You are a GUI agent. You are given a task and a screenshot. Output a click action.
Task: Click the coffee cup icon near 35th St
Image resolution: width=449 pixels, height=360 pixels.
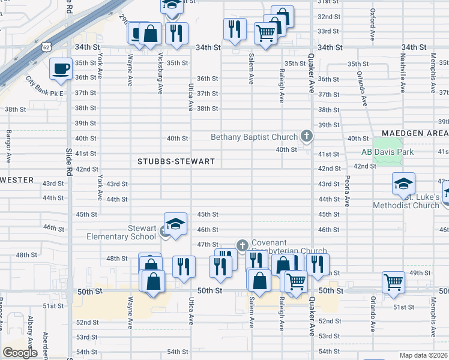[x=60, y=69]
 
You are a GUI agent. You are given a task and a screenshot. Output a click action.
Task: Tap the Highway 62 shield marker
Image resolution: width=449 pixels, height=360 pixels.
[x=47, y=46]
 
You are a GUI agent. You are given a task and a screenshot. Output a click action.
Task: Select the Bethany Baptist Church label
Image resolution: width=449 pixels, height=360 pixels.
[x=254, y=137]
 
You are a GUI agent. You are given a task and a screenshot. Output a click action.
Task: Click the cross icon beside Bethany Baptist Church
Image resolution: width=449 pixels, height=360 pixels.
[x=307, y=137]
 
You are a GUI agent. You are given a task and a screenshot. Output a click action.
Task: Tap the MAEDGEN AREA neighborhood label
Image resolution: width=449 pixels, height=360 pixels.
[x=415, y=133]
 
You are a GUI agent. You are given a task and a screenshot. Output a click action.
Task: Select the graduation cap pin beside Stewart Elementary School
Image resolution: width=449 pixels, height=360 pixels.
[x=175, y=226]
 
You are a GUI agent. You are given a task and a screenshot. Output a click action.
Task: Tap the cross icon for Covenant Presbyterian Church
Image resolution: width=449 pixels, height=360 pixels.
[x=242, y=245]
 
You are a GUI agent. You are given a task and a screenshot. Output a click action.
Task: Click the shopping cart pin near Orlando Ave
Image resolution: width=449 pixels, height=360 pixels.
[x=393, y=281]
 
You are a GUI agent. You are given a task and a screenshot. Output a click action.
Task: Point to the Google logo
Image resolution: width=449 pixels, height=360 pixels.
[x=20, y=353]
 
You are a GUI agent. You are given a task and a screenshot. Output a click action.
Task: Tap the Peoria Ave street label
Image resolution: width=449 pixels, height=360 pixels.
[x=347, y=190]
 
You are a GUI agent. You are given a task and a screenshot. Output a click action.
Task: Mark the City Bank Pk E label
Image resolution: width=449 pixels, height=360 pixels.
[x=44, y=85]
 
